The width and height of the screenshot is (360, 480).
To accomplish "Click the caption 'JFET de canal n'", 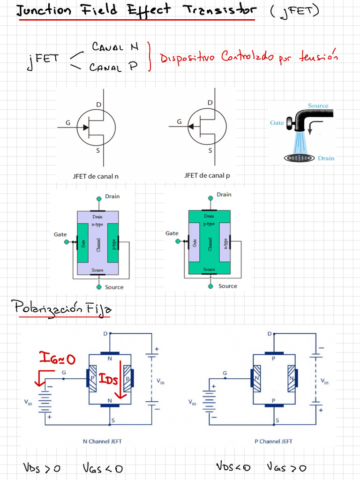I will tap(96, 176).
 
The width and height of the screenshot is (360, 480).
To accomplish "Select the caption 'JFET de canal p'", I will tap(207, 176).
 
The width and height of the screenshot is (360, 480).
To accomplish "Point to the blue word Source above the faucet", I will tap(318, 106).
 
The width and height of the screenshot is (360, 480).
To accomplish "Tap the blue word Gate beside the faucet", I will tap(277, 123).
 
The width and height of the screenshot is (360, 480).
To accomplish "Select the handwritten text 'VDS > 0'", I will tap(42, 468).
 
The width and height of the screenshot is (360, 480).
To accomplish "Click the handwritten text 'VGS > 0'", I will tap(286, 467).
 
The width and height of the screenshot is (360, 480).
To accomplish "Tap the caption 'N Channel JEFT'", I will tap(102, 441).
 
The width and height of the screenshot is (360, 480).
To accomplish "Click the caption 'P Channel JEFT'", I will tap(273, 441).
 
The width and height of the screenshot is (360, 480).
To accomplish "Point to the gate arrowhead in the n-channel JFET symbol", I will tap(86, 127).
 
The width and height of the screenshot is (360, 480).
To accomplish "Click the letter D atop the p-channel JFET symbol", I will tap(210, 103).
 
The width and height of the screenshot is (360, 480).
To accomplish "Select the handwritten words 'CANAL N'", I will tap(115, 47).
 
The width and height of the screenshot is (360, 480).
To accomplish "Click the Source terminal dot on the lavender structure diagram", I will tap(98, 286).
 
